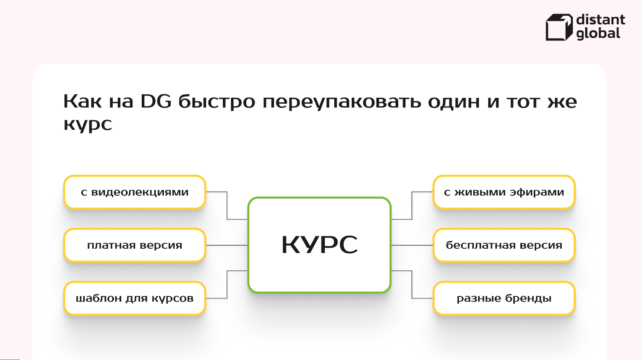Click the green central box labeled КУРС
[x=320, y=245]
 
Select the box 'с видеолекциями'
[x=135, y=192]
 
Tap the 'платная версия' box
[x=135, y=245]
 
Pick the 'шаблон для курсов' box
[x=135, y=299]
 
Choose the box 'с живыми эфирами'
[x=504, y=192]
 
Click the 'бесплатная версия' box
[x=504, y=245]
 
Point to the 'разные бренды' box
[x=504, y=299]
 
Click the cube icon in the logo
[x=559, y=27]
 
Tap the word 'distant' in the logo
[x=601, y=20]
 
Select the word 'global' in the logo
[x=598, y=34]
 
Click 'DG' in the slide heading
[x=156, y=102]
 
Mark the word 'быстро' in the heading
[x=217, y=102]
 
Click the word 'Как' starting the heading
[x=82, y=102]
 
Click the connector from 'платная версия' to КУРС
[x=227, y=245]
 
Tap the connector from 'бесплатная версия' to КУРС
[x=412, y=245]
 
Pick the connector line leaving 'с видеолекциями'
[x=227, y=206]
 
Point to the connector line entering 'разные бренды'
[x=412, y=285]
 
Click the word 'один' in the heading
[x=454, y=102]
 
